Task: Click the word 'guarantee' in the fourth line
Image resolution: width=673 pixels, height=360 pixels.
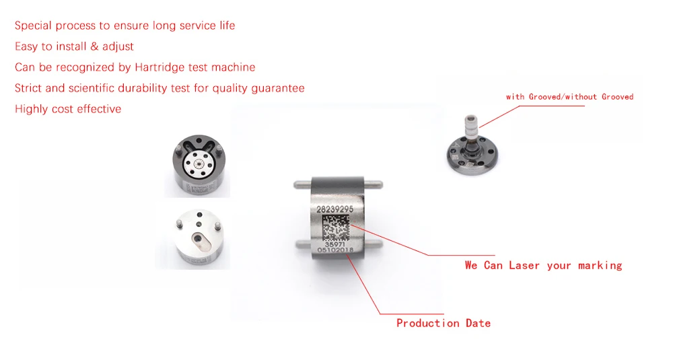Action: pyautogui.click(x=278, y=88)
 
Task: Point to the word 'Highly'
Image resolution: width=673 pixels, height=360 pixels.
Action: pyautogui.click(x=31, y=109)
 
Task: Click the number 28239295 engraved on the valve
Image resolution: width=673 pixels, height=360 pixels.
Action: pyautogui.click(x=334, y=209)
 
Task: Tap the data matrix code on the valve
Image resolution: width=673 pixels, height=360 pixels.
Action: pyautogui.click(x=336, y=227)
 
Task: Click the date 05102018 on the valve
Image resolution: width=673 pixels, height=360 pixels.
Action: pyautogui.click(x=335, y=250)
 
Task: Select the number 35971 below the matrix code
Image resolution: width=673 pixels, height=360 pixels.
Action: pyautogui.click(x=334, y=244)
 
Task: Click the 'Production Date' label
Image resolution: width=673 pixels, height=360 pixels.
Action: pyautogui.click(x=444, y=323)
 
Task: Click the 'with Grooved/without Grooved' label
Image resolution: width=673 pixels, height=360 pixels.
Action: pyautogui.click(x=569, y=96)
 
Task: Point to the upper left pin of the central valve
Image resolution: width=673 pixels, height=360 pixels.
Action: pyautogui.click(x=303, y=185)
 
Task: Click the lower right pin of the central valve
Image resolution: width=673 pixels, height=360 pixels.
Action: pyautogui.click(x=373, y=244)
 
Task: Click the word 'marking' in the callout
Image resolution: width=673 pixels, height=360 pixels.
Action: pyautogui.click(x=600, y=266)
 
